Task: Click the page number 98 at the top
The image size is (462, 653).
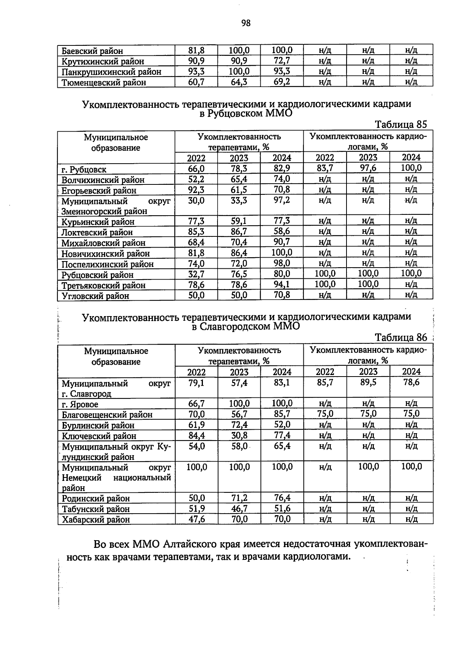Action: tap(246, 23)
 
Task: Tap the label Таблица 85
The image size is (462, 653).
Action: tap(401, 124)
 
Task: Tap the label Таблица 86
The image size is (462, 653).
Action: tap(401, 338)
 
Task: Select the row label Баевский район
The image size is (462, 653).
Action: tap(92, 51)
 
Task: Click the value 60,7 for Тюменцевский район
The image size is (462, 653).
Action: tap(196, 82)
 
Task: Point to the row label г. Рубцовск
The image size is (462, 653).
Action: tap(84, 169)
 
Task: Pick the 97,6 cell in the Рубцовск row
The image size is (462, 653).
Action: tap(368, 168)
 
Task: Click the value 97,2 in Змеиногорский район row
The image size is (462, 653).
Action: tap(282, 200)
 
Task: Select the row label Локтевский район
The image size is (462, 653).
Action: tap(97, 232)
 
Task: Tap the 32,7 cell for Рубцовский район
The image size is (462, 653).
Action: tap(196, 273)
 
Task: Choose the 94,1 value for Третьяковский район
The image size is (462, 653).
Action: tap(282, 284)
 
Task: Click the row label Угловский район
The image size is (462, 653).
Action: tap(95, 296)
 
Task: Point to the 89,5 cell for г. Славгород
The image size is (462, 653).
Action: tap(368, 382)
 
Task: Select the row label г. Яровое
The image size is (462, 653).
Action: tap(80, 404)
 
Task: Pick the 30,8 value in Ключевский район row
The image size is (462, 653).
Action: tap(239, 435)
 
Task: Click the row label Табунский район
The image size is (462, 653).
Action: tap(96, 509)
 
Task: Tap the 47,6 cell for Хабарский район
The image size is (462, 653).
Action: tap(196, 519)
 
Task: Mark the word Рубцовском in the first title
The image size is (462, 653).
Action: tap(233, 114)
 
